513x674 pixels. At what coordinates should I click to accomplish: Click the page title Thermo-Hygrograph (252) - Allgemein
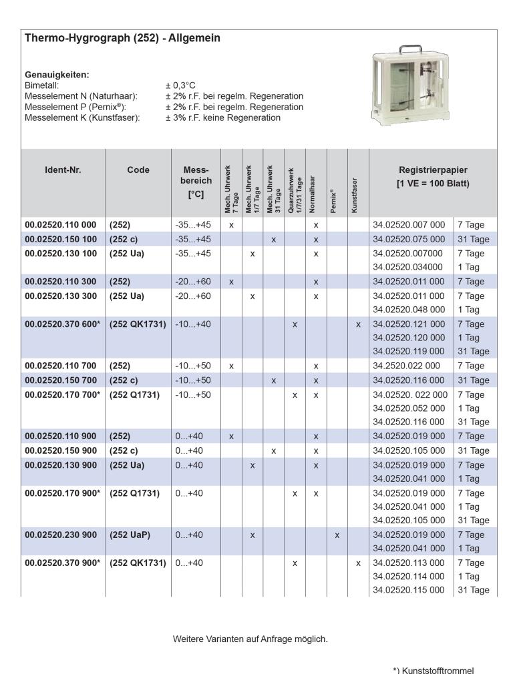(122, 39)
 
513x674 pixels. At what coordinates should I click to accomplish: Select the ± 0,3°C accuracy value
(180, 85)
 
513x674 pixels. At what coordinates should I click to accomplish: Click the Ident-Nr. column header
(63, 170)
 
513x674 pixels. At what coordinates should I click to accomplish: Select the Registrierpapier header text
(433, 170)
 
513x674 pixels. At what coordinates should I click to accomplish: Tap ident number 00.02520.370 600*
(62, 324)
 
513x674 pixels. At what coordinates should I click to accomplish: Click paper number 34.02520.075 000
(408, 240)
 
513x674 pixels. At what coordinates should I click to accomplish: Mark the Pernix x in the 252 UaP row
(337, 535)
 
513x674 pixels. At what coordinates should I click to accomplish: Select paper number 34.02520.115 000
(408, 590)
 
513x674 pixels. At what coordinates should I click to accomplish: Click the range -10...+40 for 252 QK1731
(193, 324)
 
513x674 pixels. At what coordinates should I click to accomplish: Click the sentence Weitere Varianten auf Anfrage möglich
(250, 639)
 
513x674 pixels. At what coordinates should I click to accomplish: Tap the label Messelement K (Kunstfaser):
(82, 117)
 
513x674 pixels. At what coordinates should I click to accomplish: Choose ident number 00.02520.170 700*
(62, 394)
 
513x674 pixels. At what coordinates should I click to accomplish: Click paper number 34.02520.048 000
(408, 310)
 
